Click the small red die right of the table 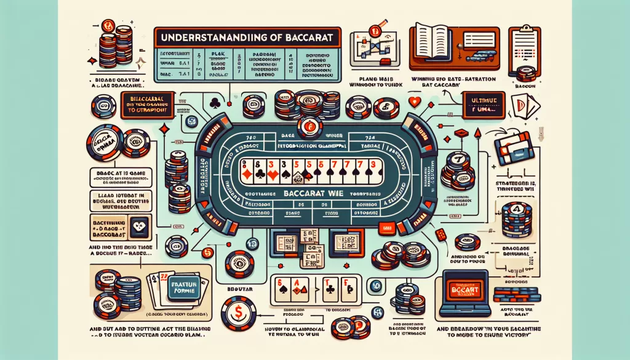click(x=440, y=234)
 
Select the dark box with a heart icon click(x=141, y=227)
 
